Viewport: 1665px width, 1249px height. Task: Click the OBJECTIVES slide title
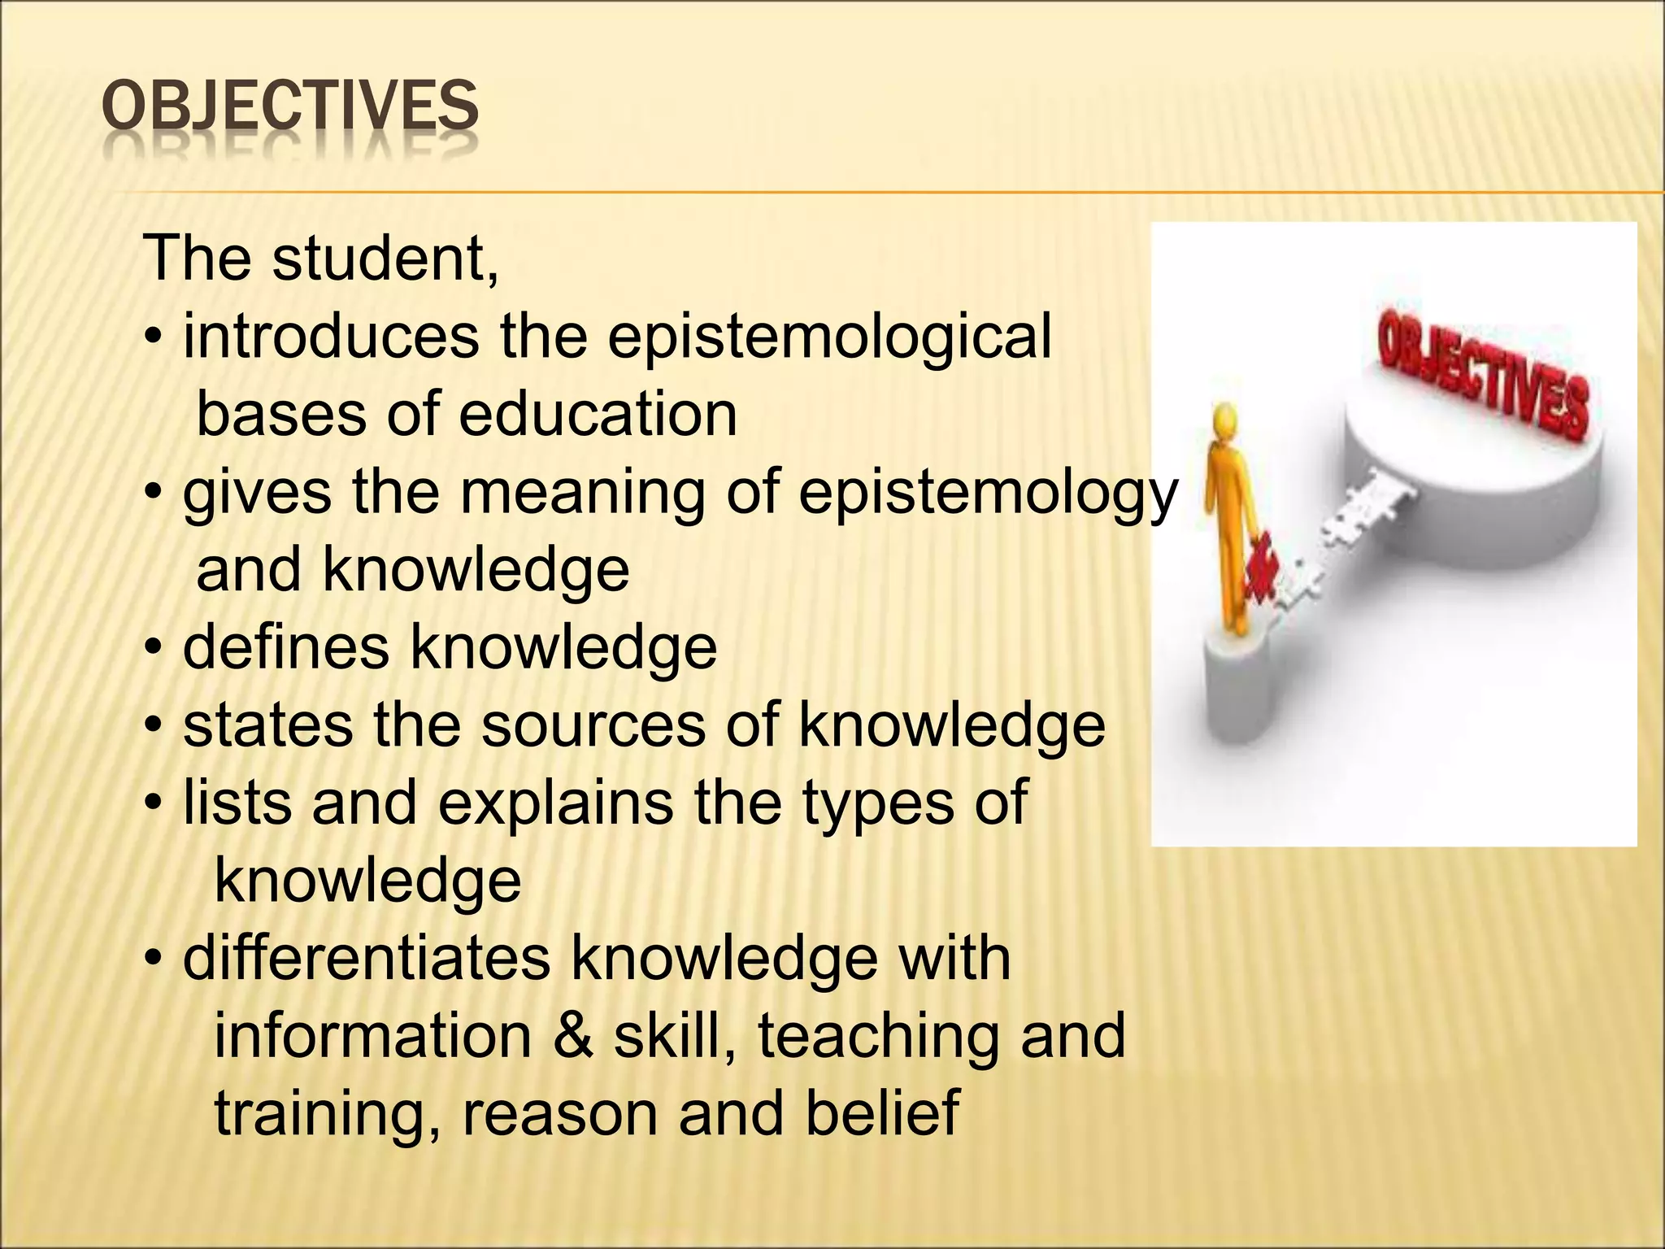pyautogui.click(x=290, y=107)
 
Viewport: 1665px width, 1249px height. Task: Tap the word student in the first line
pyautogui.click(x=385, y=259)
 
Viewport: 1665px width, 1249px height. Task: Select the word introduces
pyautogui.click(x=331, y=337)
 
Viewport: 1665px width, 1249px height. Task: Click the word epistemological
pyautogui.click(x=829, y=337)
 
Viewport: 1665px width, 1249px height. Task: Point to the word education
pyautogui.click(x=598, y=415)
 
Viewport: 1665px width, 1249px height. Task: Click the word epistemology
pyautogui.click(x=988, y=493)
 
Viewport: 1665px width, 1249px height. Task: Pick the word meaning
pyautogui.click(x=583, y=493)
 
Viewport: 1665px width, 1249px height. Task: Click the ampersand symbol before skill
pyautogui.click(x=572, y=1037)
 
